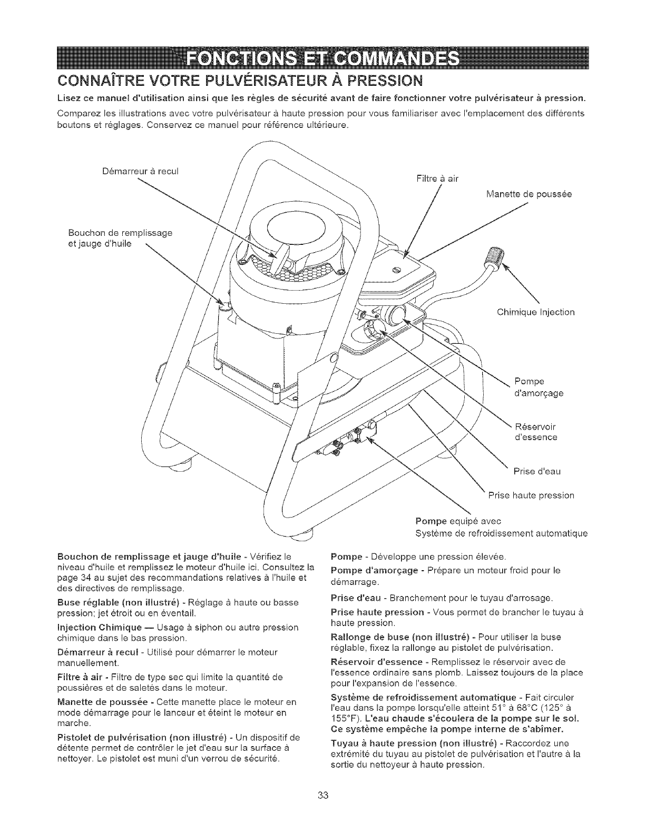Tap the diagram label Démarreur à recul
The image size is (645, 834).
click(x=139, y=172)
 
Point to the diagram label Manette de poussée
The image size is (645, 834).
click(x=528, y=194)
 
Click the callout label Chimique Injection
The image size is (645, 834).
click(x=535, y=312)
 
